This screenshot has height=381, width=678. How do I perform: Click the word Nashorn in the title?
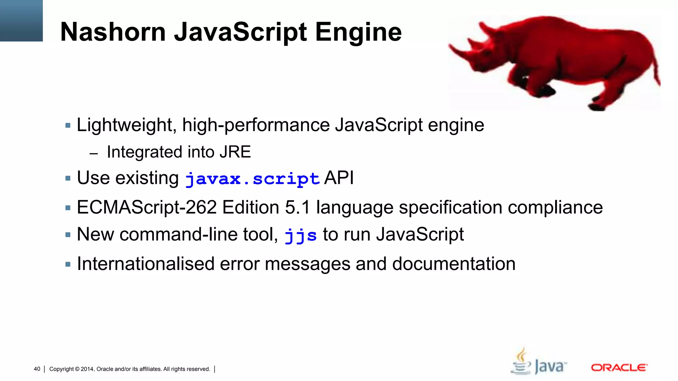click(x=113, y=32)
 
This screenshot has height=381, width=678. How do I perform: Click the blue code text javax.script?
click(x=252, y=179)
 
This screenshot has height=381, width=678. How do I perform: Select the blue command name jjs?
click(x=300, y=235)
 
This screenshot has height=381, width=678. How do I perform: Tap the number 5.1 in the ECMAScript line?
click(x=297, y=208)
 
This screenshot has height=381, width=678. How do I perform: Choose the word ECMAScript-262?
click(x=147, y=208)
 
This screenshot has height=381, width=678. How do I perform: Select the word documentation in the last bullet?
click(x=454, y=264)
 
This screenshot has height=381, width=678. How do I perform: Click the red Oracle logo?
click(x=619, y=368)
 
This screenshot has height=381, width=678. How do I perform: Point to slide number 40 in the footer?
click(x=37, y=369)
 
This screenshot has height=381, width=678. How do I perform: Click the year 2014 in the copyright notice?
click(x=87, y=369)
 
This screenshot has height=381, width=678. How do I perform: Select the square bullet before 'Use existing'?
click(x=68, y=179)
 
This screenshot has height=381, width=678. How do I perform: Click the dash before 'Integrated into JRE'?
click(x=94, y=153)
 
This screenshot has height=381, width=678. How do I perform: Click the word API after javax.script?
click(x=339, y=178)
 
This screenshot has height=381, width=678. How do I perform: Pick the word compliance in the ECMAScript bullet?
click(x=555, y=208)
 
